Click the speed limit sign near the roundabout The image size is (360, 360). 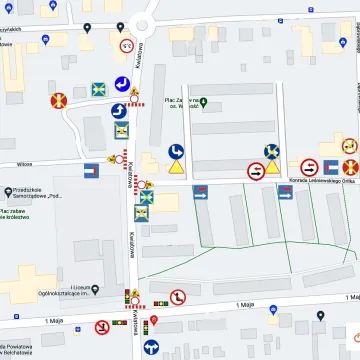click(x=127, y=46)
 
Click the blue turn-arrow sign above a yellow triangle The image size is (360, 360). click(x=176, y=151)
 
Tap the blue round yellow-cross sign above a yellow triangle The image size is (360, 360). click(x=272, y=152)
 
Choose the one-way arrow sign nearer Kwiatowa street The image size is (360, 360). click(x=200, y=192)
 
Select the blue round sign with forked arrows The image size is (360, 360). click(x=152, y=347)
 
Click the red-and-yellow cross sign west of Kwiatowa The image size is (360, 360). click(x=58, y=100)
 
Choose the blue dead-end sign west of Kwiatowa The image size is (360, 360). click(x=92, y=170)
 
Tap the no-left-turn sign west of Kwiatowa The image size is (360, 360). click(x=102, y=327)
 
